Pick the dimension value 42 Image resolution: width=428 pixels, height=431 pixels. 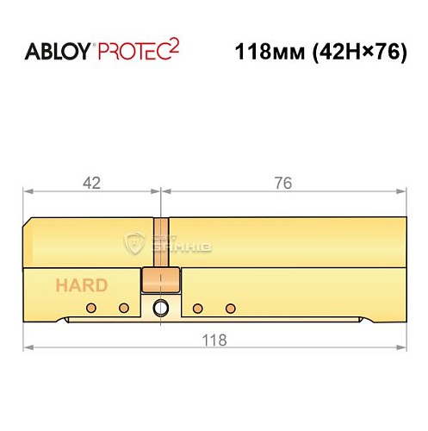coord(92,183)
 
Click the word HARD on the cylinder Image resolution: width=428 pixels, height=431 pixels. coord(82,285)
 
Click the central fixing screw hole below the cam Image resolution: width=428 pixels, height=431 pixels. coord(160,308)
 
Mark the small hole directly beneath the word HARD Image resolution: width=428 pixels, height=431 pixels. coord(90,308)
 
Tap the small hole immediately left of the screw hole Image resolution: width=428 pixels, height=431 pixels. coord(122,308)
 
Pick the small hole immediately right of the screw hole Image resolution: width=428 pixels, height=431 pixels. coord(198,308)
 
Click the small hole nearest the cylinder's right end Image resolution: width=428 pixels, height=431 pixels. coord(230,308)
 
